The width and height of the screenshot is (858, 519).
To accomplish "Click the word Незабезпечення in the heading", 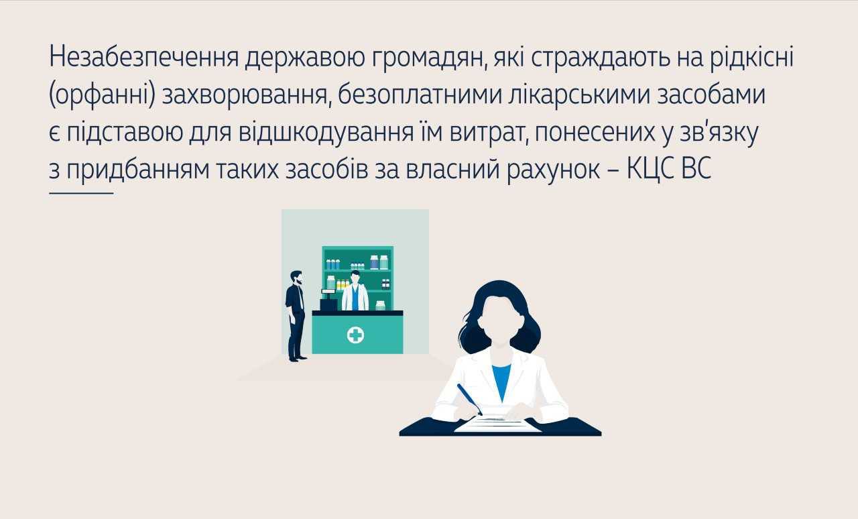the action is pos(144,58).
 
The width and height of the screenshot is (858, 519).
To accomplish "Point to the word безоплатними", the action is pos(420,95).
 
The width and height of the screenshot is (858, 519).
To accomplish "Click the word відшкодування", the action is pos(326,133).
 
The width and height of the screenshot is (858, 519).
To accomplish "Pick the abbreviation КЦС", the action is pos(650,170).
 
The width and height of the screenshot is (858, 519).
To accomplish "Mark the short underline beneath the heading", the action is pos(81,194).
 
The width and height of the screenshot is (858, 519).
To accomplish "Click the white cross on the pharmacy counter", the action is pos(355,335).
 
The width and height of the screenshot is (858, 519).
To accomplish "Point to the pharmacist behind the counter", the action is pos(355,291).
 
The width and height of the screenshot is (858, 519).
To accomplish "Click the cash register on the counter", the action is pos(328,300).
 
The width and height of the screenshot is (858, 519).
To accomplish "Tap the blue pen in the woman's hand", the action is pos(469,399).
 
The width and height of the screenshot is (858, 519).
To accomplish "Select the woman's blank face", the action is pos(497,321).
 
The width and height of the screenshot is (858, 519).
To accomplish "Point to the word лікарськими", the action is pos(580,95).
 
